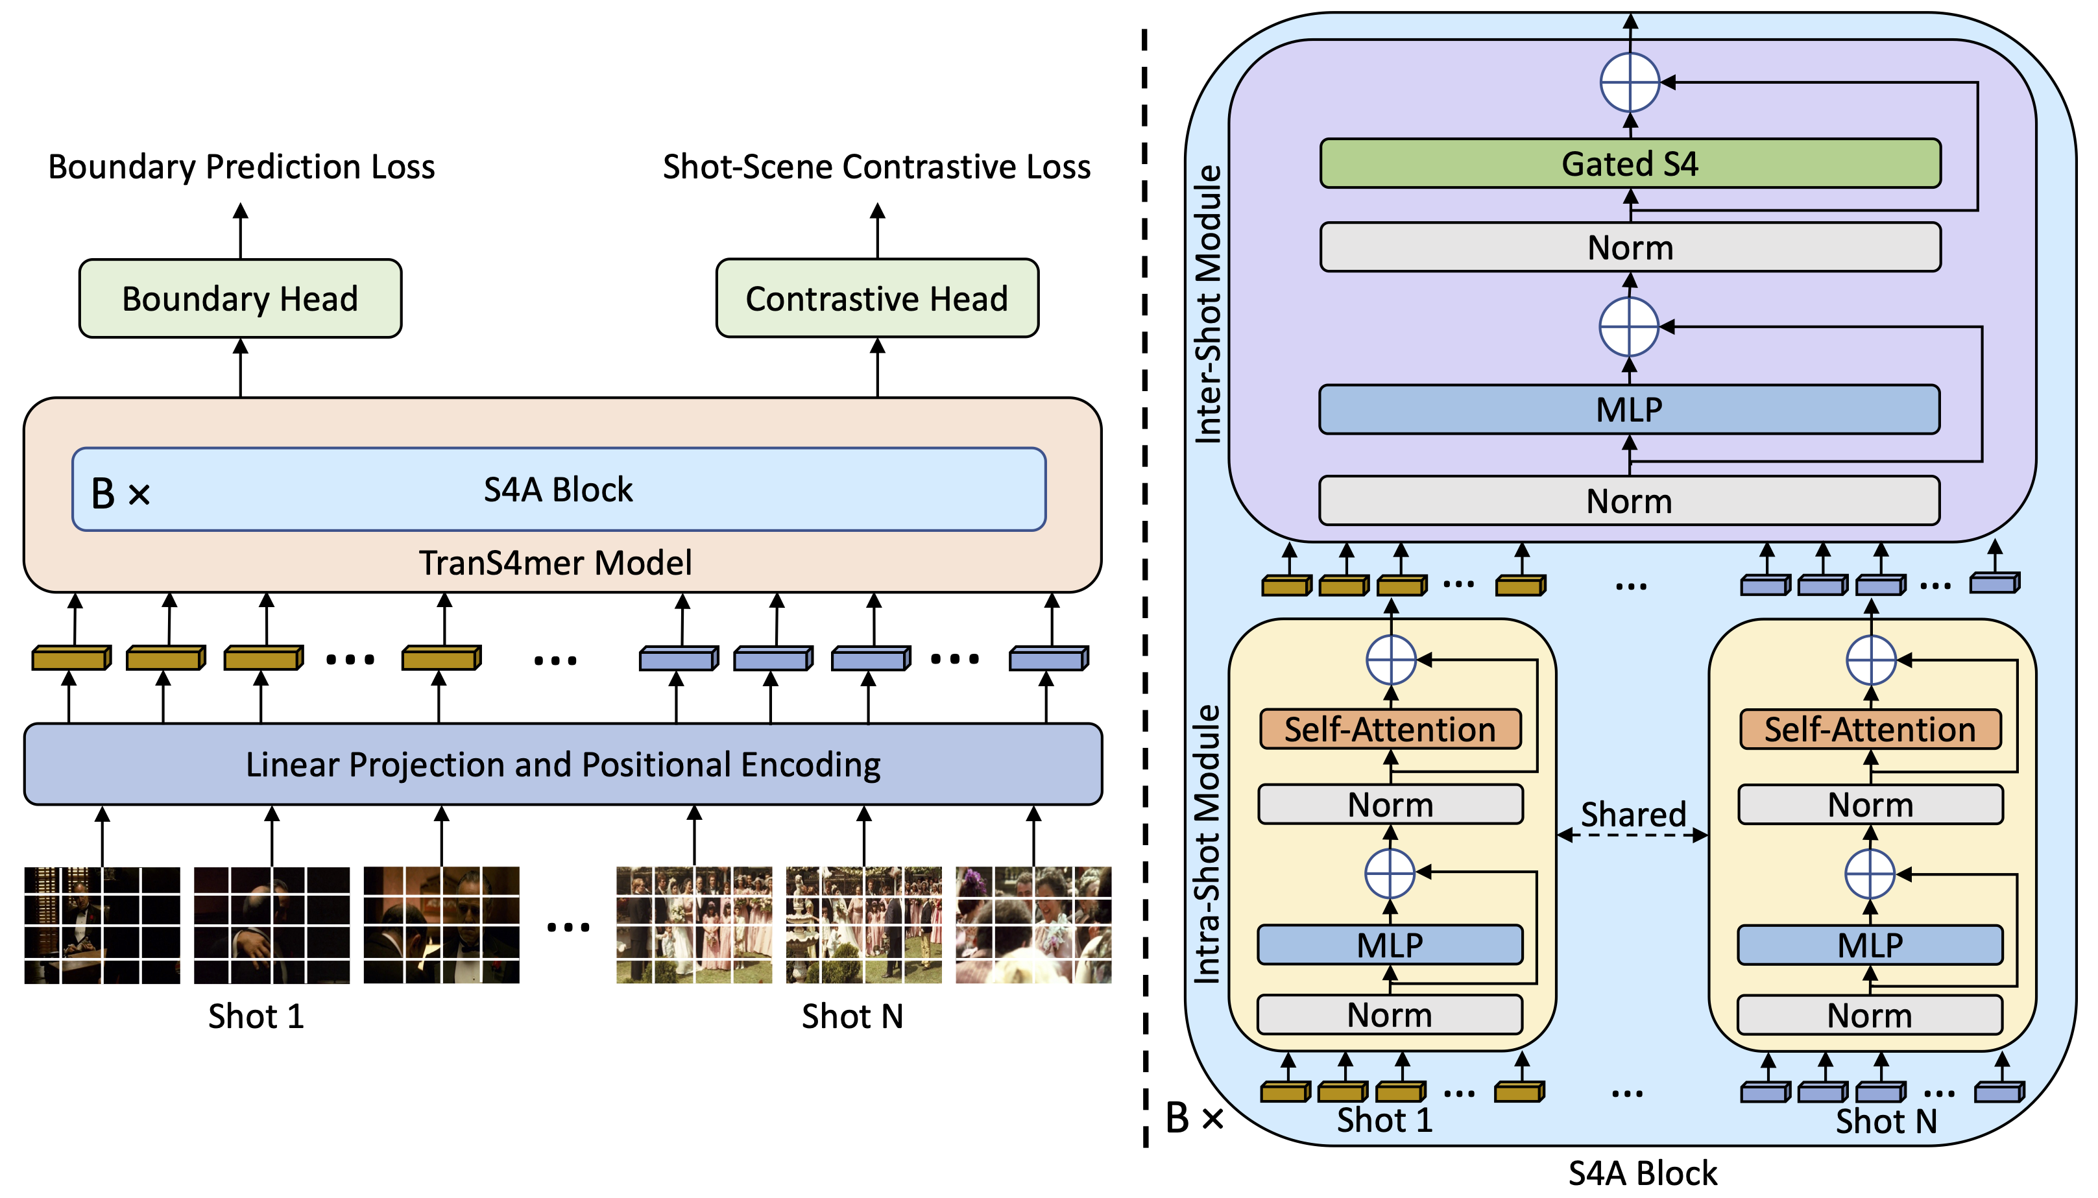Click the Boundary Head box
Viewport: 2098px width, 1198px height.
click(x=239, y=298)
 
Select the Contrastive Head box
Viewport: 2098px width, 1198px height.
click(x=876, y=298)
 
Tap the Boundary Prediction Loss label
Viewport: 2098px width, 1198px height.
click(x=241, y=167)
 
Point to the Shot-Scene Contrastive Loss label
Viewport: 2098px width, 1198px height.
click(x=876, y=167)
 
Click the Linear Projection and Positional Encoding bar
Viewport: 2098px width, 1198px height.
click(x=562, y=763)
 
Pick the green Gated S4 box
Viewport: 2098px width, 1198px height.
click(x=1629, y=163)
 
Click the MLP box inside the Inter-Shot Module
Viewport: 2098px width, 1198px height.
click(x=1629, y=409)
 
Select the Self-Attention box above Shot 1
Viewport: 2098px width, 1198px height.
click(x=1390, y=729)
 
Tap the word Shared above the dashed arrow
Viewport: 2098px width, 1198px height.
click(x=1633, y=814)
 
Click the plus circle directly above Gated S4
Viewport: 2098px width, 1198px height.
click(x=1629, y=82)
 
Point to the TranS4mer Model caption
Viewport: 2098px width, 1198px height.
click(x=555, y=563)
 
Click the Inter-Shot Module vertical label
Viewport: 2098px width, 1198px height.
click(x=1208, y=304)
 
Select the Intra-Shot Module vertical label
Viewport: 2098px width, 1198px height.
click(x=1208, y=843)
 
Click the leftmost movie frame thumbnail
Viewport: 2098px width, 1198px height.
click(x=102, y=925)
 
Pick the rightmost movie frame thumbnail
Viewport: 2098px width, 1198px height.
click(x=1033, y=925)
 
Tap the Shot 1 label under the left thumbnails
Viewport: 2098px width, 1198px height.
click(x=256, y=1016)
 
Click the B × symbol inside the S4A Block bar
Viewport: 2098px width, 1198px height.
click(x=120, y=494)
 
